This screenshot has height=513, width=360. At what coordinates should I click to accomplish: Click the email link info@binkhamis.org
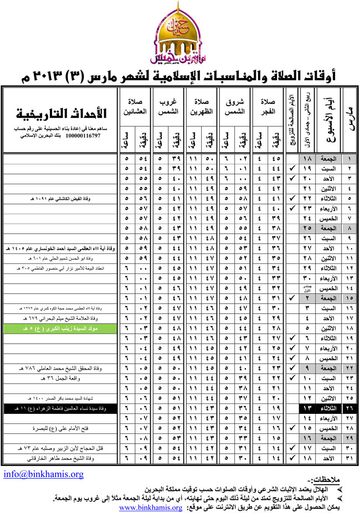click(43, 474)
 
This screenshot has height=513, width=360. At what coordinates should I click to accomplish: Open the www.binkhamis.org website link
click(150, 507)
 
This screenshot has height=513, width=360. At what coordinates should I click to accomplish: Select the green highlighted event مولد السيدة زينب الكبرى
click(61, 328)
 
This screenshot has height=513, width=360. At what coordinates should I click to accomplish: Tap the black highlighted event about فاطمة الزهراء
click(61, 409)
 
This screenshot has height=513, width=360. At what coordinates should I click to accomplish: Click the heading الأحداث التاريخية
click(61, 116)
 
